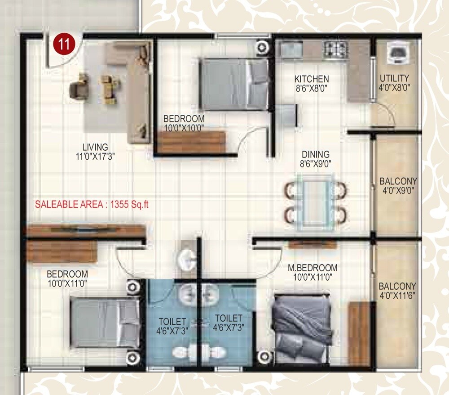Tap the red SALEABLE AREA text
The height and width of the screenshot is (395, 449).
point(92,204)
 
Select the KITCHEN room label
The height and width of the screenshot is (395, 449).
point(312,79)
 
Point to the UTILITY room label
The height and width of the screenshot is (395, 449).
point(394,78)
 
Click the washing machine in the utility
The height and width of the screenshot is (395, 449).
point(398,53)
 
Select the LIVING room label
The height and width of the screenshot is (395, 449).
point(95,147)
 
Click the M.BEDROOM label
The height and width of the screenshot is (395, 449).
point(313,268)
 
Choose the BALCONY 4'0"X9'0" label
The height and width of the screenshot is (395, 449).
point(398,181)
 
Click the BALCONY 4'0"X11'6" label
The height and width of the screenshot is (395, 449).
point(397,286)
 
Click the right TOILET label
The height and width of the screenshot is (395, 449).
point(228,318)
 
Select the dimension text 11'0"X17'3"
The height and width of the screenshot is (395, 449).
point(95,157)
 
